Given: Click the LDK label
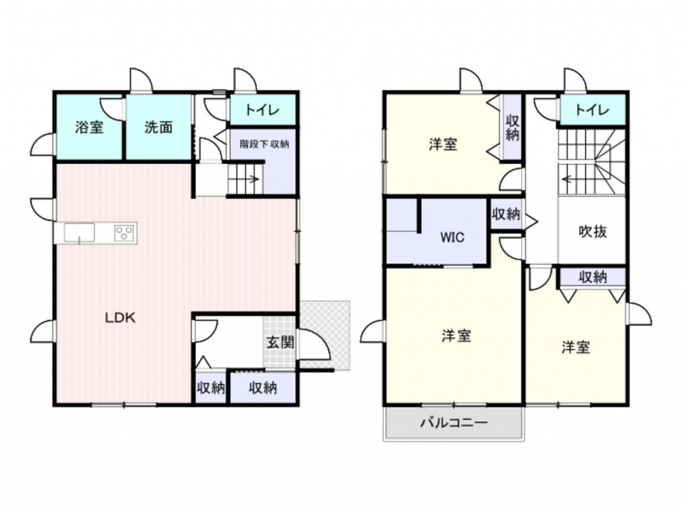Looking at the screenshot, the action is click(x=120, y=318).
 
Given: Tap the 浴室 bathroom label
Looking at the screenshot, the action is click(x=89, y=127).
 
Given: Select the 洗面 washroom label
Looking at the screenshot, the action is click(x=158, y=127).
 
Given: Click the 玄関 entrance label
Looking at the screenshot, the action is click(x=280, y=342).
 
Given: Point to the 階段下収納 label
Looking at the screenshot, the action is click(x=264, y=143).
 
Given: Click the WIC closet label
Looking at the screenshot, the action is click(x=452, y=238).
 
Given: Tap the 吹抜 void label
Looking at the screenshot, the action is click(x=593, y=232).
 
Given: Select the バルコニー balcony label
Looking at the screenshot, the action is click(x=454, y=423).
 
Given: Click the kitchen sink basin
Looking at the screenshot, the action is click(x=79, y=232).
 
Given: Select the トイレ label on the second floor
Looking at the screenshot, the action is click(x=592, y=110).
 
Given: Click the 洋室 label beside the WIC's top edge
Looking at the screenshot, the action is click(x=443, y=144).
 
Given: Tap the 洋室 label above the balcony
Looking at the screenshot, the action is click(x=456, y=336).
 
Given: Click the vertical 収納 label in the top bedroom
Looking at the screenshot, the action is click(x=512, y=128).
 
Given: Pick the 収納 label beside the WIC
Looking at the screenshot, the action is click(x=505, y=214).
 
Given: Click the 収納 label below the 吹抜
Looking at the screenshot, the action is click(x=592, y=277).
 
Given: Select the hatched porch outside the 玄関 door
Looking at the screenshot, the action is click(x=325, y=335).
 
